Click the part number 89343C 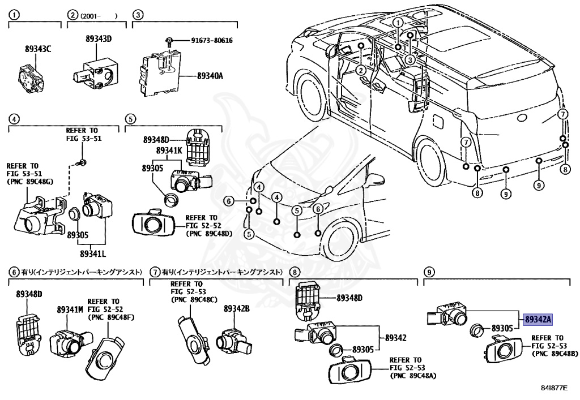[x=37, y=49]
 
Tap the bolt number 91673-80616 [x=212, y=41]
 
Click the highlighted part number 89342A [x=538, y=320]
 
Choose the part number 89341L [x=93, y=253]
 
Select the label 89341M [x=70, y=309]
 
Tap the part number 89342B [x=237, y=308]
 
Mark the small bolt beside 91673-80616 [x=169, y=40]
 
